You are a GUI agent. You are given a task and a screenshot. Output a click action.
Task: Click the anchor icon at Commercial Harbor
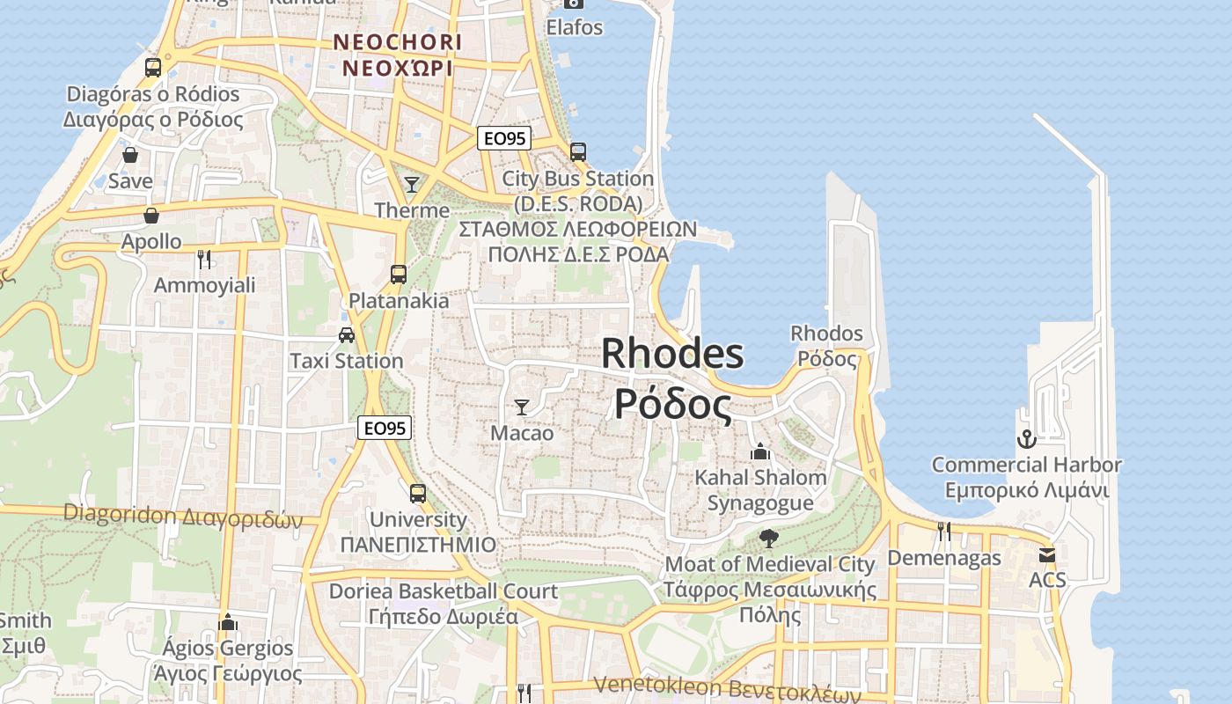coord(1026,438)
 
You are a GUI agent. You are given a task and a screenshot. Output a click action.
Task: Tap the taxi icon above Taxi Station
coord(347,335)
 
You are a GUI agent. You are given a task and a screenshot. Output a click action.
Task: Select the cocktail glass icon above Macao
coord(522,407)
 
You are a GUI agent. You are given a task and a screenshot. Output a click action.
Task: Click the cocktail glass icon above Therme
coord(411,184)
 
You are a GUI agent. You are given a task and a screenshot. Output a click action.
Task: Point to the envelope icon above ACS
coord(1046,555)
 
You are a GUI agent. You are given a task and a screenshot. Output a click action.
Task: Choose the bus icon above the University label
coord(418,493)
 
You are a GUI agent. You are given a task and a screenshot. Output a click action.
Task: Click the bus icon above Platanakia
coord(399,274)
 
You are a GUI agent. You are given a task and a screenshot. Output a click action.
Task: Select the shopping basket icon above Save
coord(130,156)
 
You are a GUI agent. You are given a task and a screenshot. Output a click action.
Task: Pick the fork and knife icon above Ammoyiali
coord(204,259)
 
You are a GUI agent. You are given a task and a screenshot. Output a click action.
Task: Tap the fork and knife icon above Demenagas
coord(943,531)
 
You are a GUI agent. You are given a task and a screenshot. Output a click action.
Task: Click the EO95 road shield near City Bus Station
coord(505,138)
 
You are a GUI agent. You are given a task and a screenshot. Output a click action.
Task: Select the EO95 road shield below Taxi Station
coord(385,429)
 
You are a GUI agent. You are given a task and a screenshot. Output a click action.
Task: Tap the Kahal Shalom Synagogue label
coord(761,490)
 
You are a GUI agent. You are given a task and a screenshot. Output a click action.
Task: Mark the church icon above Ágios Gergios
coord(229,623)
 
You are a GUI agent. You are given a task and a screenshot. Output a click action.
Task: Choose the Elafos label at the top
coord(575,27)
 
